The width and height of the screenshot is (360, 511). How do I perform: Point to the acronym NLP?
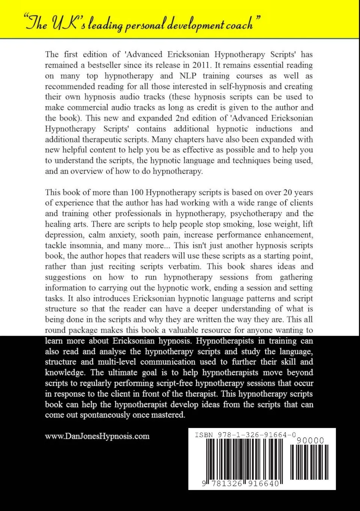[x=188, y=76]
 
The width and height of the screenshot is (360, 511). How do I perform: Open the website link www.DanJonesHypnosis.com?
[x=97, y=436]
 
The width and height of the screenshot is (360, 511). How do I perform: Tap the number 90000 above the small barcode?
[x=310, y=440]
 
